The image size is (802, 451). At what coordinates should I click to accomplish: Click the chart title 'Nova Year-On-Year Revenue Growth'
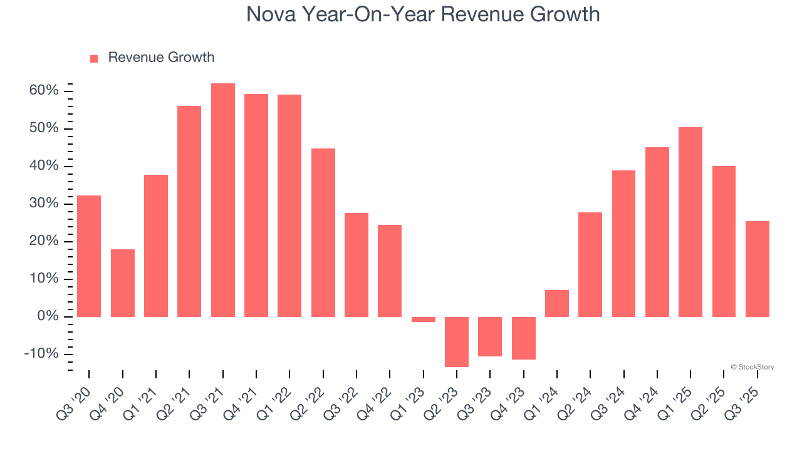click(423, 14)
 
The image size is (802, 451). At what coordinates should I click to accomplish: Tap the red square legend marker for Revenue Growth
click(94, 58)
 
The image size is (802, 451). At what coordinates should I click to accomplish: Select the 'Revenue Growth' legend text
click(161, 58)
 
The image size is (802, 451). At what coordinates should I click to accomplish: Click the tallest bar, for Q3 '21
click(223, 200)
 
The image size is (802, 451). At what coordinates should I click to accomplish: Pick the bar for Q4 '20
click(123, 283)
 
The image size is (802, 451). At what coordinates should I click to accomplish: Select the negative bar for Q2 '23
click(457, 341)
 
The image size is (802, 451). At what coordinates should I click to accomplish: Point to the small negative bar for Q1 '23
click(424, 319)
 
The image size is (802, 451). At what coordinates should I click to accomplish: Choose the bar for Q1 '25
click(690, 222)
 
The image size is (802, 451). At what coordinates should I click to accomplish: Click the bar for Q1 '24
click(557, 303)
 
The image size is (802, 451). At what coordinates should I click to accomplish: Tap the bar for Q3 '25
click(757, 269)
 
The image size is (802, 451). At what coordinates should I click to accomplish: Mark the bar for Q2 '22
click(323, 232)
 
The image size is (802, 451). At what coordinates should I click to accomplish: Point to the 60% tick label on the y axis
click(44, 91)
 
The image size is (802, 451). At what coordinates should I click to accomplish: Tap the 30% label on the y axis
click(44, 204)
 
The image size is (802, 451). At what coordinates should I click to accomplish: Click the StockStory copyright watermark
click(752, 367)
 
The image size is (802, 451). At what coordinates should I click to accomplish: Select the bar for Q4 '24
click(657, 232)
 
